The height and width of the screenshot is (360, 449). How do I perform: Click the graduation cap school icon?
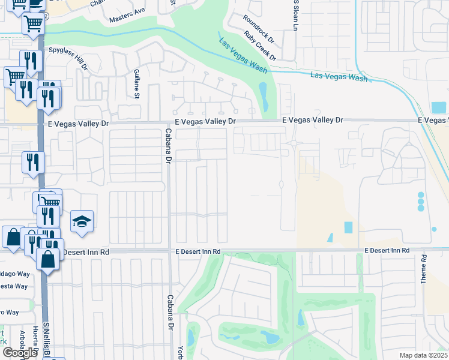[x=82, y=222]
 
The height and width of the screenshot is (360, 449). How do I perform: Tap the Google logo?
[x=20, y=353]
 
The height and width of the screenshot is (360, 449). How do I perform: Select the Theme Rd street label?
[x=423, y=270]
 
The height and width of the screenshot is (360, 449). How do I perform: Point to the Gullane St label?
[x=136, y=83]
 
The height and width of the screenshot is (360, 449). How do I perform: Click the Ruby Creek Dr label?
[x=260, y=46]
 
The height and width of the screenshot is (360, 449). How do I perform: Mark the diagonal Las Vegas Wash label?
[x=243, y=56]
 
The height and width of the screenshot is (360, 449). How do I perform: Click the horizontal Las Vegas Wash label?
[x=339, y=77]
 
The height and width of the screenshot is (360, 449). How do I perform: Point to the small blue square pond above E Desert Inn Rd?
[x=349, y=228]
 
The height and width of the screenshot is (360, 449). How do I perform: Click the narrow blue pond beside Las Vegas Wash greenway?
[x=263, y=94]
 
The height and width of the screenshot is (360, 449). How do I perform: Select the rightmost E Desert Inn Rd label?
[x=387, y=250]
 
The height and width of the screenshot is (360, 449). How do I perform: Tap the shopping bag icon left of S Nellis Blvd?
[x=13, y=237]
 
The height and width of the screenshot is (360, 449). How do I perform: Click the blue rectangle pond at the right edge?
[x=439, y=108]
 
